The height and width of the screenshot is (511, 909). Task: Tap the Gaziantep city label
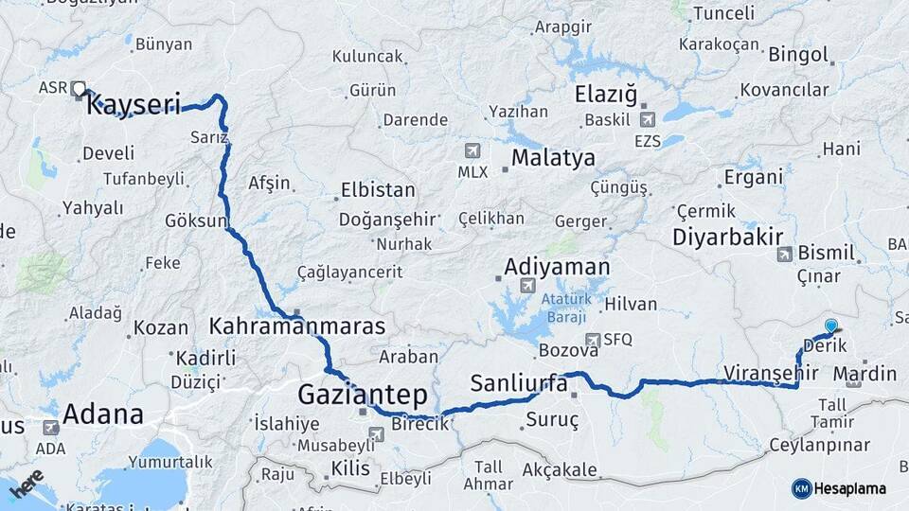tap(363, 395)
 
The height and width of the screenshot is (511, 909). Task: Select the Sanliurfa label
tap(519, 384)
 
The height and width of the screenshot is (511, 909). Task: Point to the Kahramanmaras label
tap(297, 326)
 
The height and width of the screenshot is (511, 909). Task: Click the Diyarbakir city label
tap(728, 237)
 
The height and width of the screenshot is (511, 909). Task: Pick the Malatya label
tap(553, 157)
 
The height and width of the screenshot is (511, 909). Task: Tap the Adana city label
tap(103, 414)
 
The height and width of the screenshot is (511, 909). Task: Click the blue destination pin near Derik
tap(831, 326)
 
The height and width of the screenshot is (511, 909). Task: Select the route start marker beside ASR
tap(79, 88)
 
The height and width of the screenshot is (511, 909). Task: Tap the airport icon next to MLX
tap(472, 150)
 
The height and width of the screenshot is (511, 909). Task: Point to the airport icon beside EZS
tap(648, 119)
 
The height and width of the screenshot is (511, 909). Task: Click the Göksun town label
tap(197, 221)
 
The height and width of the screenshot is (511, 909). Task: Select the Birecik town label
tap(419, 423)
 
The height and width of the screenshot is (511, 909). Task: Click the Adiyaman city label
tap(557, 267)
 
